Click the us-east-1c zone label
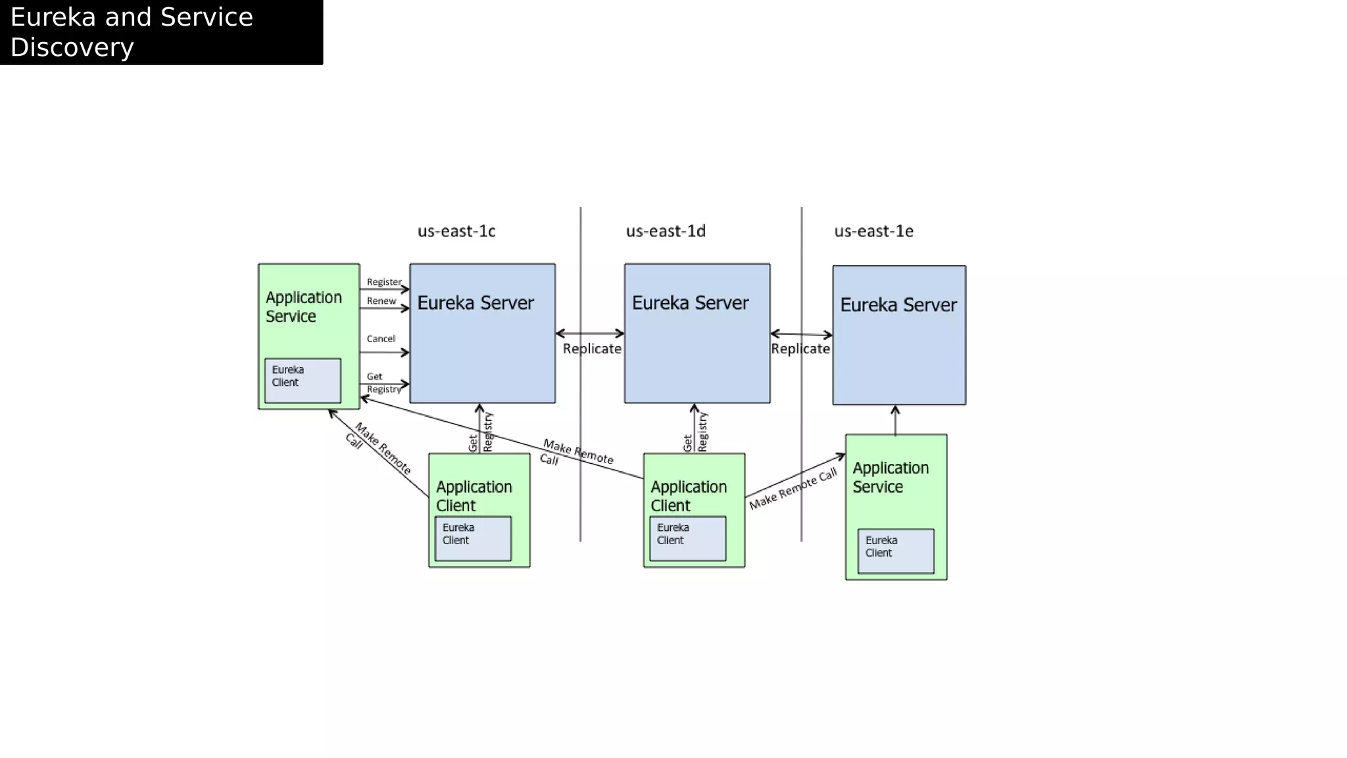click(x=456, y=231)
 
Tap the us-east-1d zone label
click(x=666, y=231)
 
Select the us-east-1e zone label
click(x=873, y=231)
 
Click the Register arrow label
click(x=383, y=282)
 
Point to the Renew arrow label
click(x=381, y=301)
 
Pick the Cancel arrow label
click(x=381, y=339)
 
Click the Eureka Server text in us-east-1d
click(x=690, y=303)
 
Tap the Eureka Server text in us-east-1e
click(x=898, y=305)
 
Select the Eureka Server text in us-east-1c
click(x=476, y=303)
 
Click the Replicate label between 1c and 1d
click(x=592, y=349)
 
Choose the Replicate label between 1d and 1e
click(x=800, y=349)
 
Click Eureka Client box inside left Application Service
click(x=303, y=380)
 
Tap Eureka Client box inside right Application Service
click(x=896, y=551)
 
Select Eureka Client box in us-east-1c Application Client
click(x=473, y=538)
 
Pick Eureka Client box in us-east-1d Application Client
click(x=687, y=538)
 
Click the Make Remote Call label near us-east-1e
click(x=793, y=488)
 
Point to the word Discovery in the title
click(x=72, y=47)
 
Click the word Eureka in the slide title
click(x=53, y=17)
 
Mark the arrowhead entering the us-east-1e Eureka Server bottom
click(x=895, y=410)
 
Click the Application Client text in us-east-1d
click(x=688, y=496)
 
